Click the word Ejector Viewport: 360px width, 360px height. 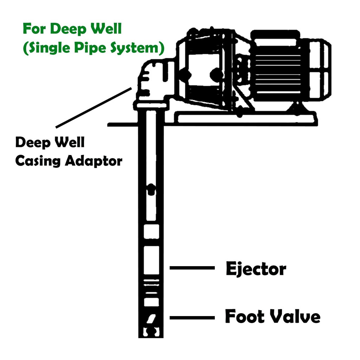(x=256, y=270)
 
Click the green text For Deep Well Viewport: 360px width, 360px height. (x=72, y=29)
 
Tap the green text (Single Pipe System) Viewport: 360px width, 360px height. (x=93, y=48)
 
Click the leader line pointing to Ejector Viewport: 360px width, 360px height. (x=192, y=268)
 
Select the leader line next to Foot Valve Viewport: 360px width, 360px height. (x=192, y=318)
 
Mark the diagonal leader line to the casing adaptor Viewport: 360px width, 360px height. (x=93, y=108)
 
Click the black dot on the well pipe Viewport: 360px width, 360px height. (x=151, y=189)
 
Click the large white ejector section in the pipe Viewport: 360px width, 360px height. (x=151, y=259)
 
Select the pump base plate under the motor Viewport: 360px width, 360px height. (x=246, y=117)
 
